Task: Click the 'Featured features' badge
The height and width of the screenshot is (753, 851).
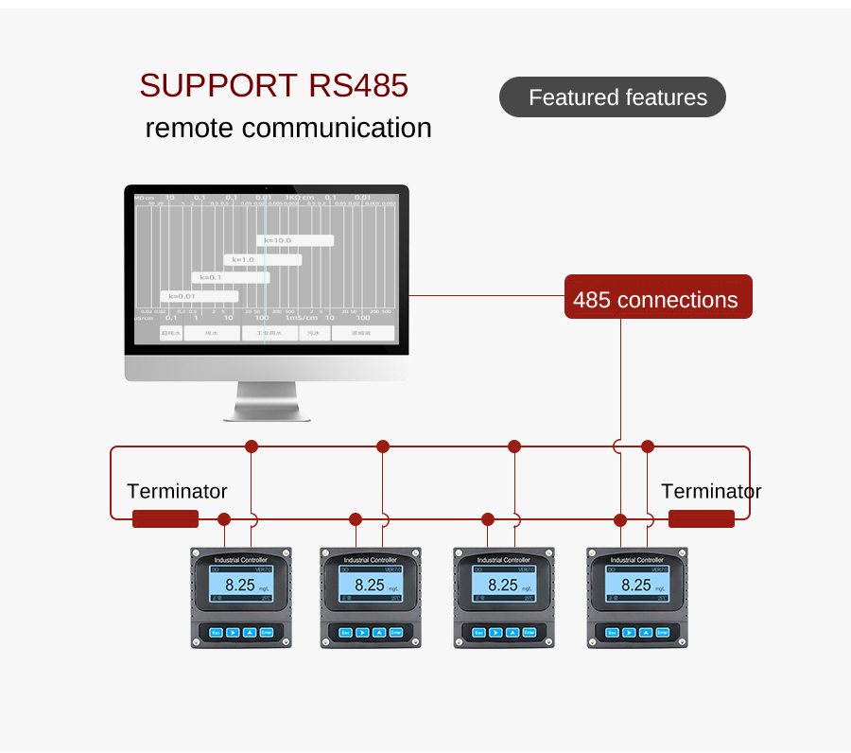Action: pyautogui.click(x=613, y=97)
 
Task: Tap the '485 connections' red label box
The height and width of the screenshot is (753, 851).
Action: pyautogui.click(x=657, y=299)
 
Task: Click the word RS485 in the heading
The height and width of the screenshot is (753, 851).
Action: pyautogui.click(x=358, y=85)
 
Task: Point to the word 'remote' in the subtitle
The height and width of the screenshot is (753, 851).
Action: pyautogui.click(x=188, y=128)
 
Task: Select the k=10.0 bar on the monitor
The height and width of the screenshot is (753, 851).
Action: pyautogui.click(x=294, y=240)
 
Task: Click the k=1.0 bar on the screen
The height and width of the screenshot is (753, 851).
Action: pyautogui.click(x=262, y=259)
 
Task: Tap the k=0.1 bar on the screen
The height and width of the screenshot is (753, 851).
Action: pyautogui.click(x=230, y=278)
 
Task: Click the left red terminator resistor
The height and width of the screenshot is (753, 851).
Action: pyautogui.click(x=165, y=518)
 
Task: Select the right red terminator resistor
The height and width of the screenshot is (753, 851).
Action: pyautogui.click(x=701, y=518)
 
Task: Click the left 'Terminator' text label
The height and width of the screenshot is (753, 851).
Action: pyautogui.click(x=177, y=491)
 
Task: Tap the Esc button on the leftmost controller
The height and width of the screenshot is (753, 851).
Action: pyautogui.click(x=216, y=632)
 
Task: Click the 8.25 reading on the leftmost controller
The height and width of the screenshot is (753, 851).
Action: pyautogui.click(x=240, y=586)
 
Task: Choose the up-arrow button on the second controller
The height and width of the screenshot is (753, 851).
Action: pyautogui.click(x=379, y=632)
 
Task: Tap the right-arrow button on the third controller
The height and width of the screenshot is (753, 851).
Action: pyautogui.click(x=495, y=632)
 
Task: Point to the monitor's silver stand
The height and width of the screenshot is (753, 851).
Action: pyautogui.click(x=267, y=401)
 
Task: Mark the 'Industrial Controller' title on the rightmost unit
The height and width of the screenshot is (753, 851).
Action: pyautogui.click(x=636, y=560)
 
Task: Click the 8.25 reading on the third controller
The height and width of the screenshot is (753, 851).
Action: pyautogui.click(x=502, y=586)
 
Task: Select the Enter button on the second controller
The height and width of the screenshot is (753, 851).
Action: pyautogui.click(x=396, y=632)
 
